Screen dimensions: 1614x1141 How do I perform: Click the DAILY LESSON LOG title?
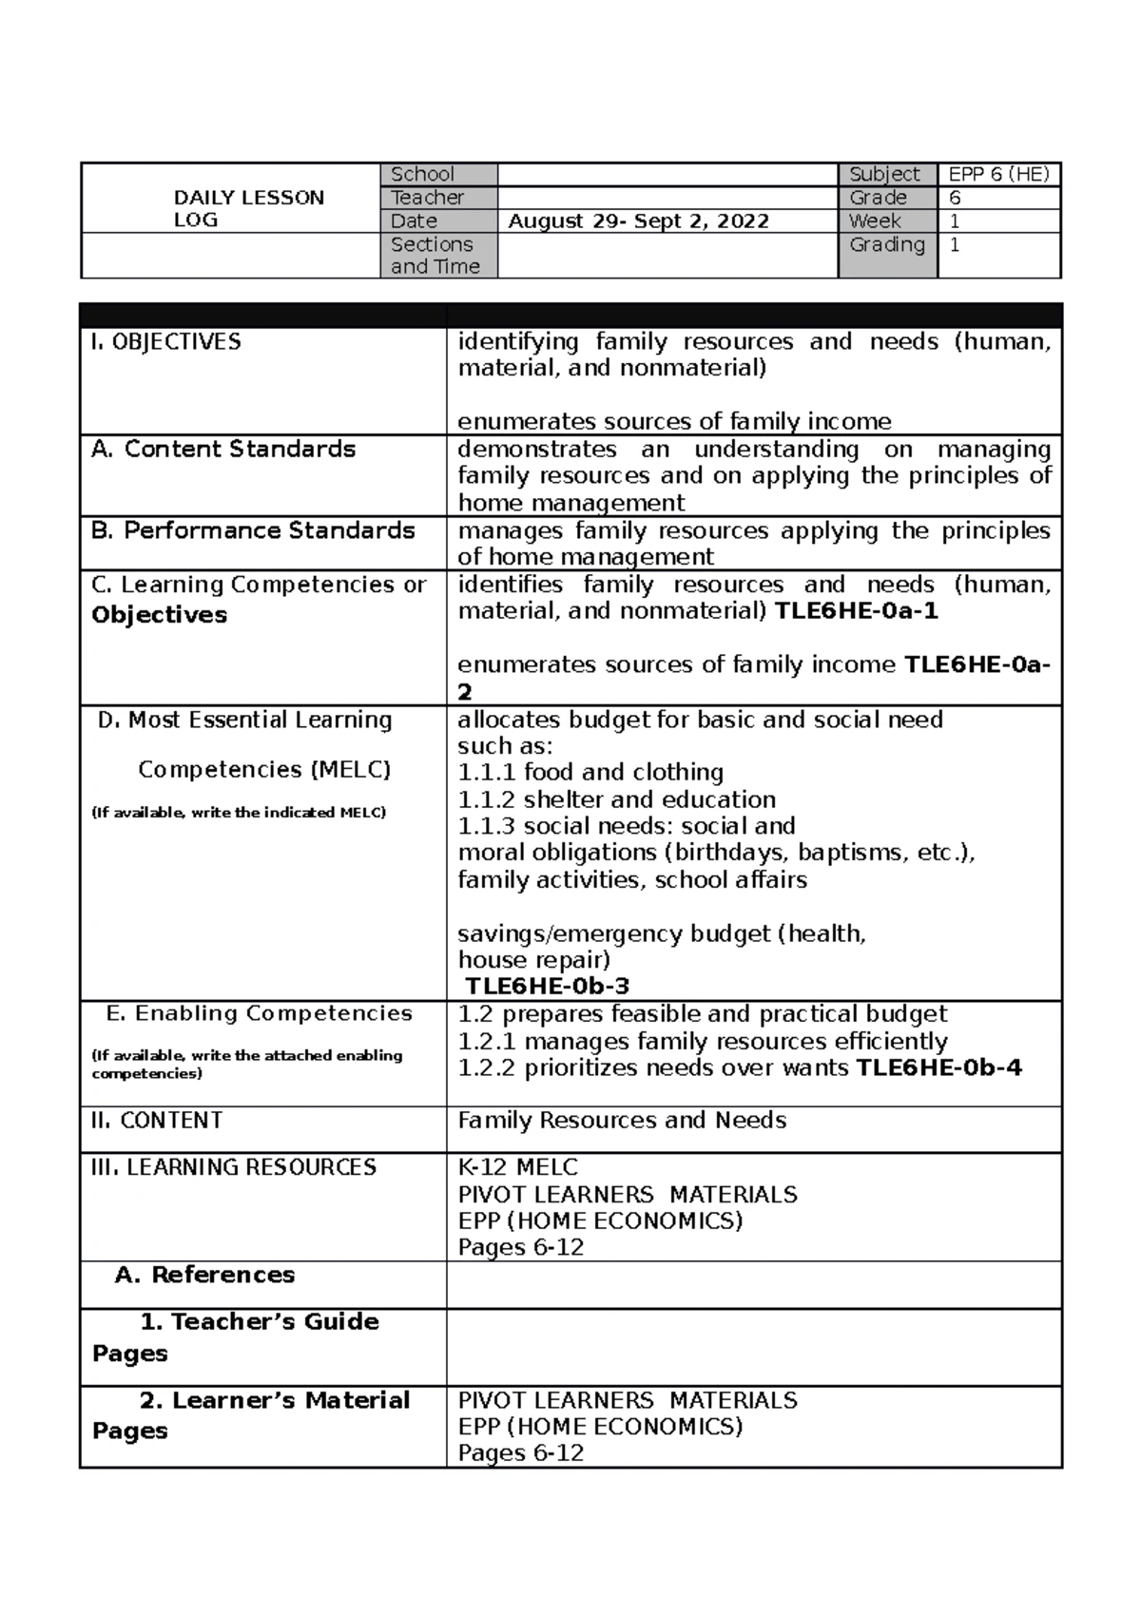(248, 208)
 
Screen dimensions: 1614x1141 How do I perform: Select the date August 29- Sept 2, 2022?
(638, 221)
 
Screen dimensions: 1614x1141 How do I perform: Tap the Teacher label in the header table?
(427, 198)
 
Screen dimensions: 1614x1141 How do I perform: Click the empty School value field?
(667, 174)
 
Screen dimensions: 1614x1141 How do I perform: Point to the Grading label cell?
(886, 245)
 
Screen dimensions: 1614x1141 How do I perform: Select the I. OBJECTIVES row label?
(166, 342)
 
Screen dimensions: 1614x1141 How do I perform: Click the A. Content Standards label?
(223, 450)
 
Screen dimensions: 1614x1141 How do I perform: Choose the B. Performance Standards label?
(253, 530)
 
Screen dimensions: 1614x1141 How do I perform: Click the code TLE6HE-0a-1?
(857, 611)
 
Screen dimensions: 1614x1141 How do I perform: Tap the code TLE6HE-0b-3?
(547, 987)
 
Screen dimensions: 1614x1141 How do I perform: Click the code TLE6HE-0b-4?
(938, 1068)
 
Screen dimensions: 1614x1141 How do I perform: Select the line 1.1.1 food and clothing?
(590, 773)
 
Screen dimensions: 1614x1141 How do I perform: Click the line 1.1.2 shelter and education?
(616, 799)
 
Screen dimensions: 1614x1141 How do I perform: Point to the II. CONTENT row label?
(157, 1121)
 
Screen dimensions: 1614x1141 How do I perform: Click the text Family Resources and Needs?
(622, 1121)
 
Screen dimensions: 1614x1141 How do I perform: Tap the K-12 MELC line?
(517, 1167)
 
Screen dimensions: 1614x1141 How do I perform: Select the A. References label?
(204, 1276)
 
